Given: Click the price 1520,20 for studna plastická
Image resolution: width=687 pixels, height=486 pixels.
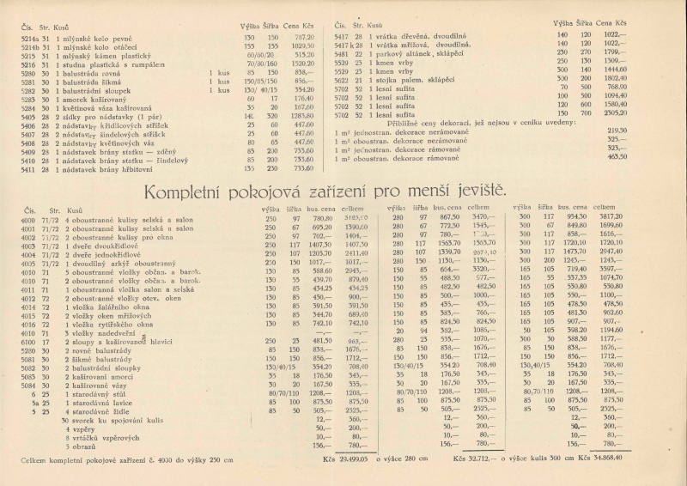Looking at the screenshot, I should [302, 64].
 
